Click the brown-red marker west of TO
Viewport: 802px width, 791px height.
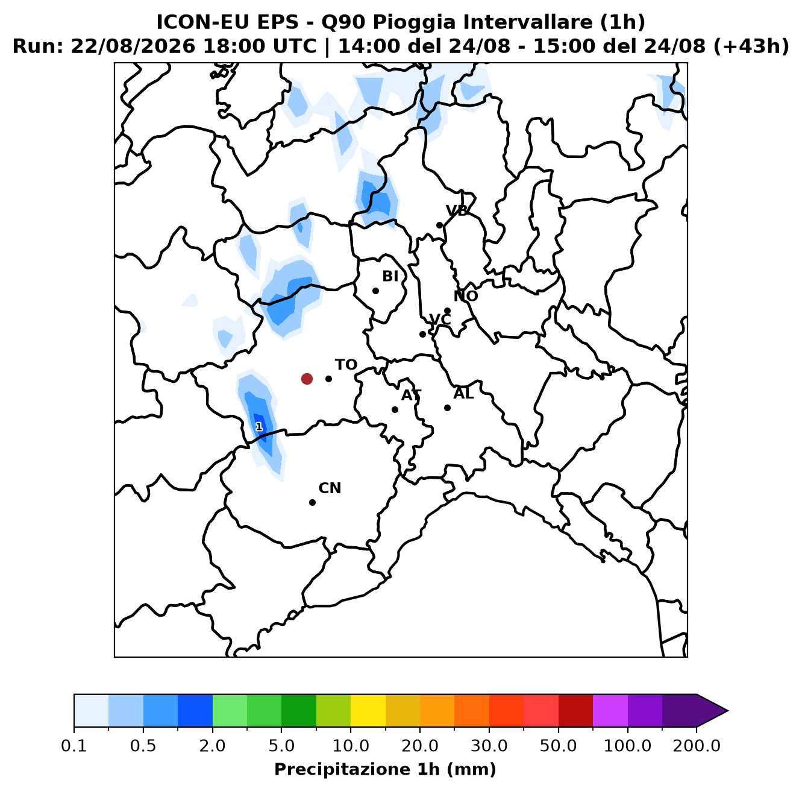[307, 379]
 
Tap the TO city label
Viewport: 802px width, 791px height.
[346, 365]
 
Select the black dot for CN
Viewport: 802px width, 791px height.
[312, 502]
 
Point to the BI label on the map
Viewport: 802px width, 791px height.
[390, 276]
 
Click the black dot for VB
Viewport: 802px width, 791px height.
[439, 225]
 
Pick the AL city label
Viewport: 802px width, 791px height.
[463, 394]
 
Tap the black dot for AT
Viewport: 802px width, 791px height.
[395, 409]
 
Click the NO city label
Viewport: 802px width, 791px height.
[465, 296]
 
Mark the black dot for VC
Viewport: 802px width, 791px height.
[422, 334]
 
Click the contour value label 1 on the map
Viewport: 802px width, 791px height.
[259, 426]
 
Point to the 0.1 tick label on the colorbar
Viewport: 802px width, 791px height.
[74, 746]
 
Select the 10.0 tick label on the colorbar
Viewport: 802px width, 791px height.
[351, 746]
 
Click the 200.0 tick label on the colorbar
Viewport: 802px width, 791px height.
[697, 746]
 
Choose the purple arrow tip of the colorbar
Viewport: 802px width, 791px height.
[728, 711]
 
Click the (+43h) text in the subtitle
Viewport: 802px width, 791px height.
[751, 46]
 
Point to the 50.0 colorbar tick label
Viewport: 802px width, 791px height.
[558, 746]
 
